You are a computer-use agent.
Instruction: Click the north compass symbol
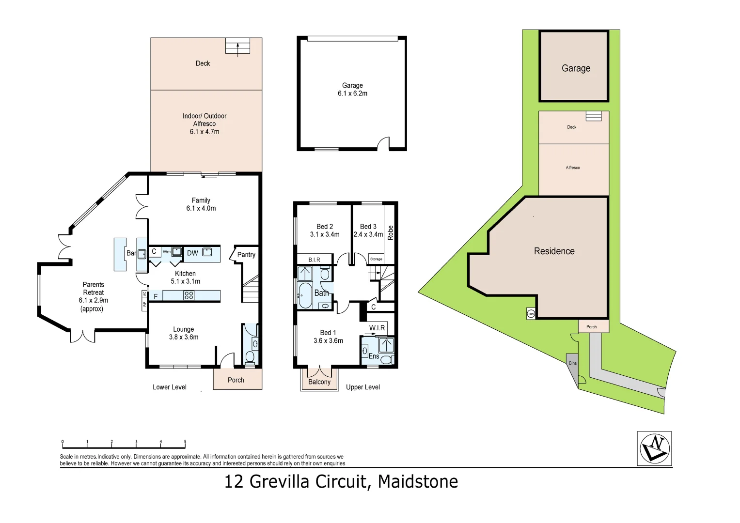(x=655, y=448)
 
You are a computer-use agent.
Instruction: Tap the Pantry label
(x=246, y=255)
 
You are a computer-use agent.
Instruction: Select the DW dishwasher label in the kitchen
(x=192, y=253)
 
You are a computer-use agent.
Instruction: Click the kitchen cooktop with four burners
(x=189, y=295)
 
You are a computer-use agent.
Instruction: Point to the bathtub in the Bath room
(x=305, y=295)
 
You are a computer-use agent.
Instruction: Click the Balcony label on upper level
(x=319, y=382)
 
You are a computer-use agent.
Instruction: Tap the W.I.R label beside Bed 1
(x=377, y=328)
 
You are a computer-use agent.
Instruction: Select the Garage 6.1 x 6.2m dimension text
(x=352, y=93)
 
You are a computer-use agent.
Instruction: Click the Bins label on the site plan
(x=573, y=363)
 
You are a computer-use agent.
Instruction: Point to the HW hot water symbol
(x=531, y=314)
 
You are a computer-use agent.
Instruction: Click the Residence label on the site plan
(x=554, y=251)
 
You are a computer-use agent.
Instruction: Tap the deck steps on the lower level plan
(x=237, y=46)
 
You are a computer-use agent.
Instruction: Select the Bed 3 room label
(x=368, y=227)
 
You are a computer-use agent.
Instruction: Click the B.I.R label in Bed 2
(x=314, y=260)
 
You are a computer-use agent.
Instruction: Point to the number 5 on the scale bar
(x=185, y=442)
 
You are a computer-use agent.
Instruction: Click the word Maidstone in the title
(x=418, y=482)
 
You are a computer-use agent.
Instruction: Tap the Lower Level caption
(x=170, y=387)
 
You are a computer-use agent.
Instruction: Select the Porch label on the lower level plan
(x=236, y=380)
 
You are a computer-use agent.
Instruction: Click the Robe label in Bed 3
(x=390, y=233)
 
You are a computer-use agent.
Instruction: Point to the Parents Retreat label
(x=93, y=289)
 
